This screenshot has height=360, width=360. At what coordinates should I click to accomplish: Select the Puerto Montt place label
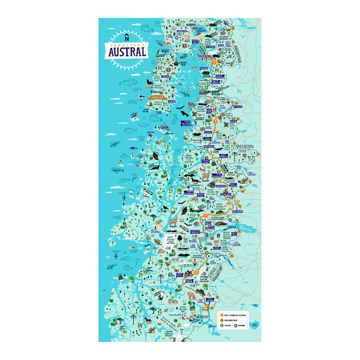tap(195, 42)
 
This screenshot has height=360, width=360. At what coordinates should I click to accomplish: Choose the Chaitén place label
tap(203, 93)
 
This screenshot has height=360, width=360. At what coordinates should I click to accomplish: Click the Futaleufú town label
tap(238, 106)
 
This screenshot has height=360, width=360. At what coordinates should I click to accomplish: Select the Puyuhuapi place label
tap(209, 147)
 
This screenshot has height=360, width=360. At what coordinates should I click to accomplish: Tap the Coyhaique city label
tap(225, 194)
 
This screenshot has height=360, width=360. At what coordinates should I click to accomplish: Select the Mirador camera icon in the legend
tap(236, 326)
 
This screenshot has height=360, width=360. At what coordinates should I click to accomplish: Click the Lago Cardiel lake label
tap(254, 324)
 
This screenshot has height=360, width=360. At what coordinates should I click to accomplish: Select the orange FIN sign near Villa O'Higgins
tap(205, 308)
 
